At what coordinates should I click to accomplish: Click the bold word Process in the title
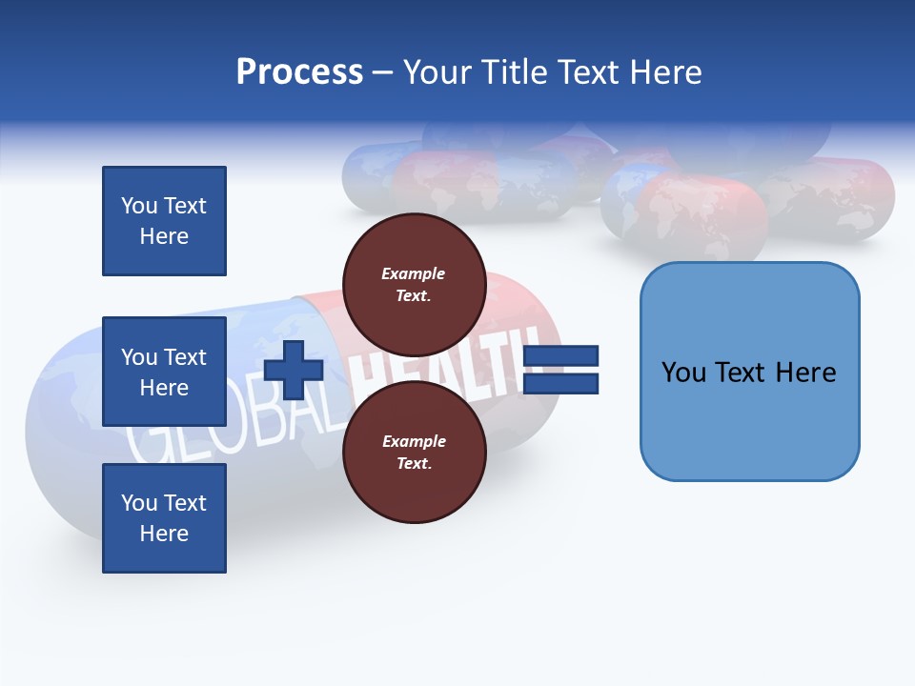299,72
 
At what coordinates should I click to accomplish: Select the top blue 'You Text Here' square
164,221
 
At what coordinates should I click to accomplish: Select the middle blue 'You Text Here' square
164,372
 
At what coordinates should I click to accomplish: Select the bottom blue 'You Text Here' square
164,518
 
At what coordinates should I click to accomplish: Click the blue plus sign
294,370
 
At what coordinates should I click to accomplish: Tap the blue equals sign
560,370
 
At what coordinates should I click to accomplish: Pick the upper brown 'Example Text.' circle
414,284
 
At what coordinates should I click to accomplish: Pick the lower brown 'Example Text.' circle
414,452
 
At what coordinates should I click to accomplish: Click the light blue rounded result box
749,372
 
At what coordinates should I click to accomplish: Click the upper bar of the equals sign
560,356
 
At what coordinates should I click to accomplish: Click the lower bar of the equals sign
560,384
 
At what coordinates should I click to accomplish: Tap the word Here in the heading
663,72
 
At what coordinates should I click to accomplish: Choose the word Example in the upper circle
414,273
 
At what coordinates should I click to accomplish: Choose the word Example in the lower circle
414,441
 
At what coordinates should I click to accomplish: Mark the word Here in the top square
164,236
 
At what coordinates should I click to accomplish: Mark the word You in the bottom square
138,503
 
